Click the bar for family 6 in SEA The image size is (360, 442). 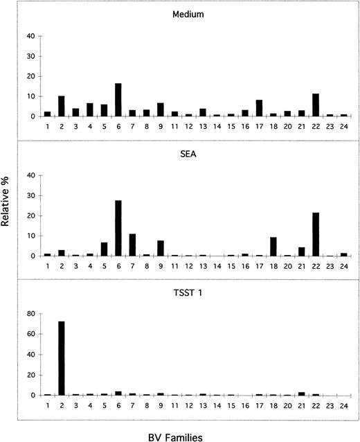(118, 228)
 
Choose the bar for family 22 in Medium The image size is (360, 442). (316, 105)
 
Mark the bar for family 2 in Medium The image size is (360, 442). (61, 106)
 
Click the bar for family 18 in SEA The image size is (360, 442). (273, 247)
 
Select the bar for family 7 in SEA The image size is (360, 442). (132, 245)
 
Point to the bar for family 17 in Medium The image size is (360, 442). (259, 108)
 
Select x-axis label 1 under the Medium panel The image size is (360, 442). (47, 127)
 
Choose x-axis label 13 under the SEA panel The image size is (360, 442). (202, 267)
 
